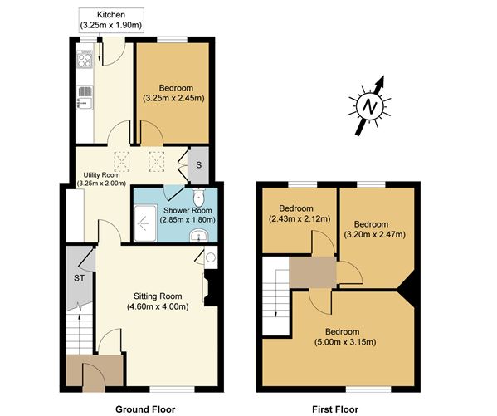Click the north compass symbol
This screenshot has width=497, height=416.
pyautogui.click(x=368, y=105)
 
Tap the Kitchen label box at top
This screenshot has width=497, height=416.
pyautogui.click(x=112, y=21)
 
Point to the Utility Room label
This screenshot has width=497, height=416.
pyautogui.click(x=100, y=179)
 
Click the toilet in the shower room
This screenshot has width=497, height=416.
pyautogui.click(x=197, y=198)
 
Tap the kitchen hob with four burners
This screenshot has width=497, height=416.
pyautogui.click(x=84, y=58)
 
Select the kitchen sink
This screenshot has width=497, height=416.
pyautogui.click(x=84, y=103)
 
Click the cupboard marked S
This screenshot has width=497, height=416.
pyautogui.click(x=198, y=164)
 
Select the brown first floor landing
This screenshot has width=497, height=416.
pyautogui.click(x=313, y=272)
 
